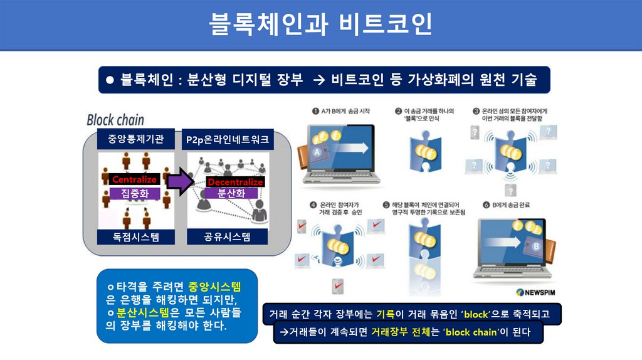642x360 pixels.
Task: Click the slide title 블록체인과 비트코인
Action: [320, 24]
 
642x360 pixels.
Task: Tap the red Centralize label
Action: [134, 180]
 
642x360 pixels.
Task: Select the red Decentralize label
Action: [235, 182]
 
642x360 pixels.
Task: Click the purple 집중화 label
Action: [134, 193]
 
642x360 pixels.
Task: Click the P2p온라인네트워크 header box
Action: [227, 140]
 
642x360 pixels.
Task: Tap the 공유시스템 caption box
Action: [227, 236]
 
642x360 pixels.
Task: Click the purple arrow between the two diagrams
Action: [182, 182]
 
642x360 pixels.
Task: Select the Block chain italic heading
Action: [115, 119]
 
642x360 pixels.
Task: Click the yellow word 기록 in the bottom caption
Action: [384, 314]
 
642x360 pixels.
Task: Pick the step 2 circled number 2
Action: [398, 111]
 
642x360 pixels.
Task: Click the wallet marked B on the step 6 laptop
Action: [538, 244]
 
